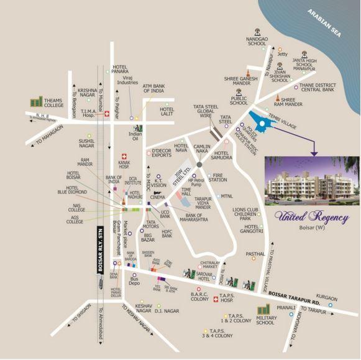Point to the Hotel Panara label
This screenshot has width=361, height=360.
coord(124,68)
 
